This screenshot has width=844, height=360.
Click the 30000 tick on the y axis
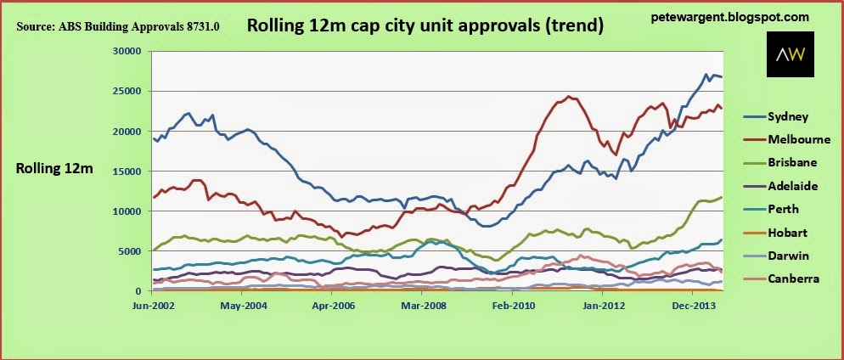(127, 52)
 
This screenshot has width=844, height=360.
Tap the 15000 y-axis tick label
(127, 172)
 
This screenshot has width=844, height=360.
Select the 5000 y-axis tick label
(130, 250)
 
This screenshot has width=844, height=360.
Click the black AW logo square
(791, 53)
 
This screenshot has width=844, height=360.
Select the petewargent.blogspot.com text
(729, 18)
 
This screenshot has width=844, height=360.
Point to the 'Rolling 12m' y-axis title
(54, 169)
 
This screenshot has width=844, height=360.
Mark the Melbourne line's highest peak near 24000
(568, 96)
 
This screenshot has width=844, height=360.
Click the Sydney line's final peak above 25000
(706, 74)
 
